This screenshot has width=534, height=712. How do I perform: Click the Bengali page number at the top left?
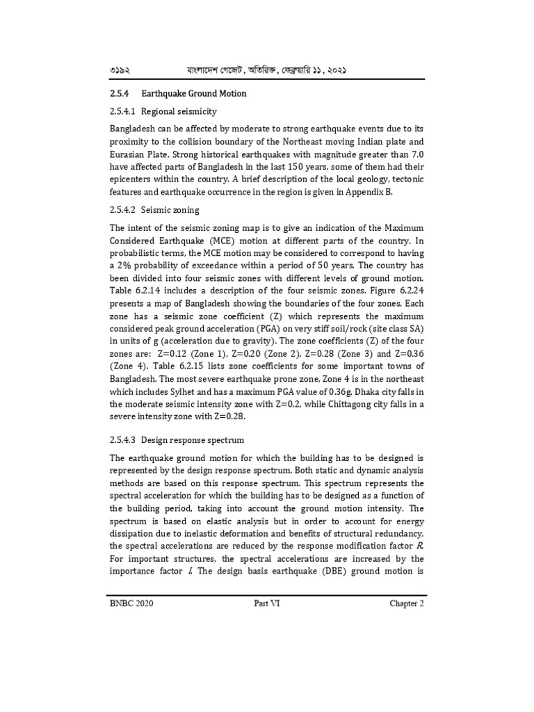click(x=121, y=71)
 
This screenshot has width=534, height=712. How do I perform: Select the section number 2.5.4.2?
click(x=124, y=210)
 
